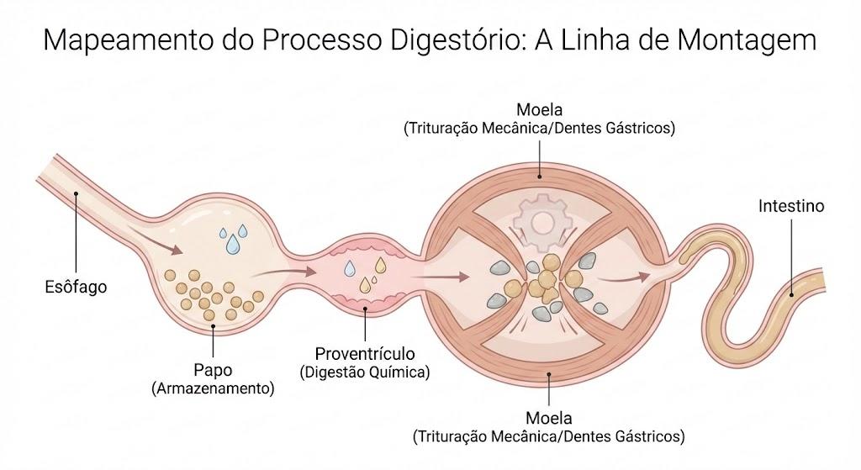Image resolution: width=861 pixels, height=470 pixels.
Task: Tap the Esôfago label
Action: point(76,287)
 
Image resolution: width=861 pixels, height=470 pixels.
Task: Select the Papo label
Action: point(213,370)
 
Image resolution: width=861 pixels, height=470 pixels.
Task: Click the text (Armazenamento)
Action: point(213,388)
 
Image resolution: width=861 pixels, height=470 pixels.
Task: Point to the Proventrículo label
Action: point(365,353)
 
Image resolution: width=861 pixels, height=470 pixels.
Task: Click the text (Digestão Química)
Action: point(365,372)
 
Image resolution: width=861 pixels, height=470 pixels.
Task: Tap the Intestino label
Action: point(791,206)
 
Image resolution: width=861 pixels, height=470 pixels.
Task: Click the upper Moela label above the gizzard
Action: point(539,109)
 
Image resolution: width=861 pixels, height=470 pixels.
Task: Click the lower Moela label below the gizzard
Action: point(548,418)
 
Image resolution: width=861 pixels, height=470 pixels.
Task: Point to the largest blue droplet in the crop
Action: point(234,245)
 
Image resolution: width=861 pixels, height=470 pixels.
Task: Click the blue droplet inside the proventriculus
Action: point(349,268)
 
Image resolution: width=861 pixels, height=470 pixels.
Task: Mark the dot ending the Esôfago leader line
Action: point(76,193)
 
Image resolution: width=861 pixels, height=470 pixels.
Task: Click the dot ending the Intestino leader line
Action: point(791,295)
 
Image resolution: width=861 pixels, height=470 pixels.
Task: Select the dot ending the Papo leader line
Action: point(213,325)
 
